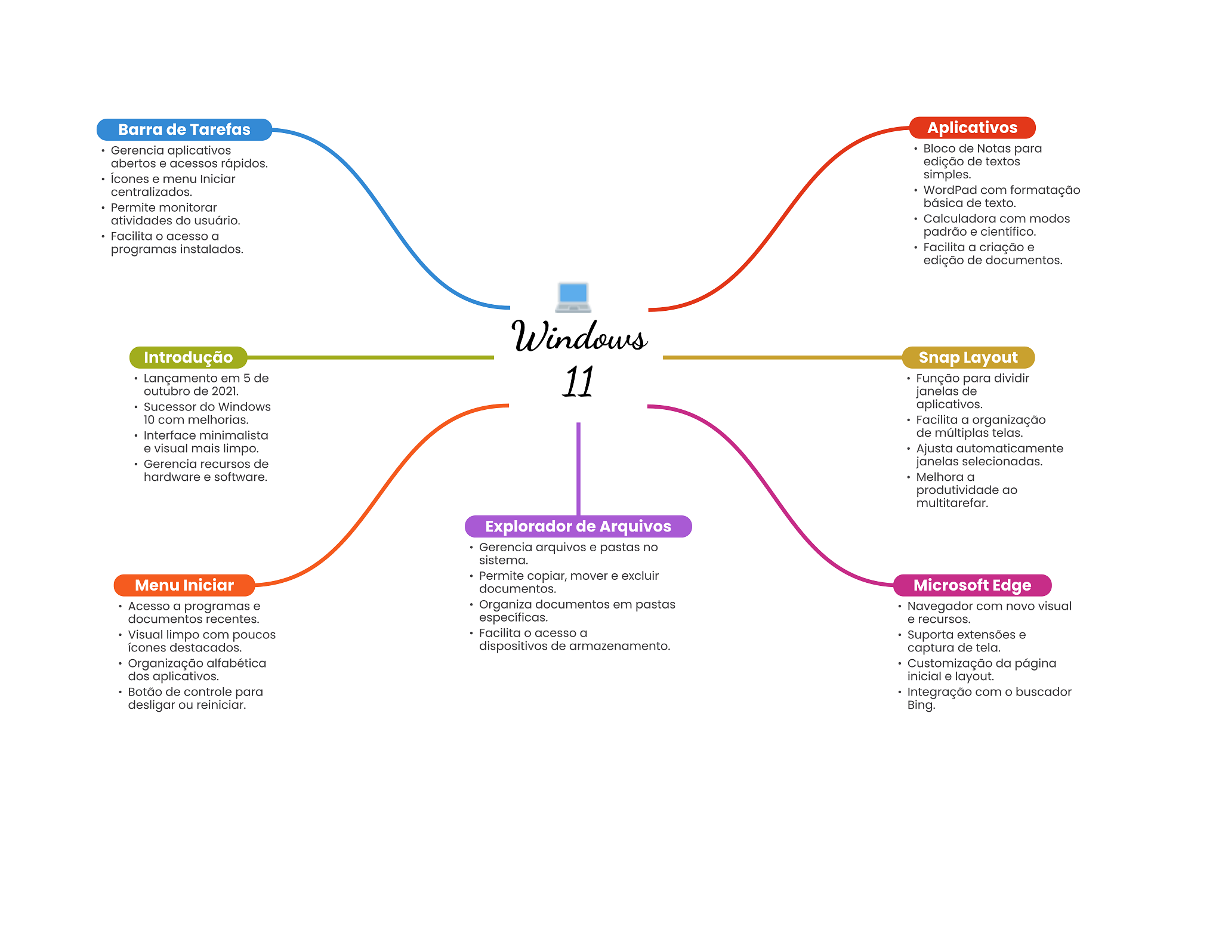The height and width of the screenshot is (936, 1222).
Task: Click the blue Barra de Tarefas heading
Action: click(184, 129)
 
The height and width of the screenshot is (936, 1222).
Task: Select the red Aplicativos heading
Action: click(972, 128)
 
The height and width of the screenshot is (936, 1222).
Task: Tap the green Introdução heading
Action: click(188, 357)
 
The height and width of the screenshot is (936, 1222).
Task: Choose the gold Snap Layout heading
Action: click(968, 357)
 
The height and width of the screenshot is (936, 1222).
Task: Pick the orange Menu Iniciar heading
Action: click(184, 585)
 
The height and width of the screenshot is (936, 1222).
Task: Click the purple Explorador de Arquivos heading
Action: click(578, 526)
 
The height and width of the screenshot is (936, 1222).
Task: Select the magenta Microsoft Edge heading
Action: click(972, 585)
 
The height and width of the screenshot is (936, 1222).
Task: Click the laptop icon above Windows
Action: click(573, 297)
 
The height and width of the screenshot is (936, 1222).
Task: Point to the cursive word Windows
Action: click(579, 336)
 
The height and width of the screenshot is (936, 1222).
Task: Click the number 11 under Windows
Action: click(578, 381)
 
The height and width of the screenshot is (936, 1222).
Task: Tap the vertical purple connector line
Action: click(578, 469)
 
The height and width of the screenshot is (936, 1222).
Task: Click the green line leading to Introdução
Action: click(371, 357)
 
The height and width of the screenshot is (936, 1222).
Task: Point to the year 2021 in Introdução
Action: click(224, 391)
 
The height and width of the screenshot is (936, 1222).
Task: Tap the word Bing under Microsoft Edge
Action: click(921, 705)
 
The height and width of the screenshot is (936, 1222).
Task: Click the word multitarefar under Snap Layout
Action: click(952, 503)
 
